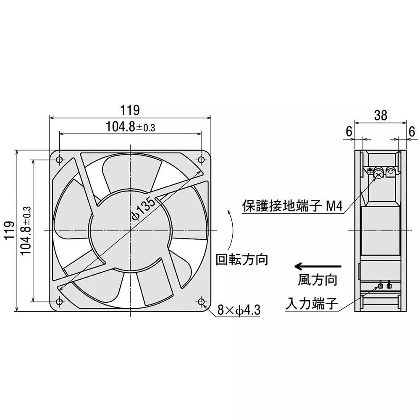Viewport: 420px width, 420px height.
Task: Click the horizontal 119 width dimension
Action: point(131,110)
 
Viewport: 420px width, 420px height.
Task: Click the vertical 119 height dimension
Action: point(9,231)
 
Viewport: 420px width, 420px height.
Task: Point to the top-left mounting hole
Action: point(59,160)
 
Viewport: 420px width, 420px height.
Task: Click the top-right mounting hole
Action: point(201,160)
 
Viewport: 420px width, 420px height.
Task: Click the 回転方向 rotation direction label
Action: point(241,259)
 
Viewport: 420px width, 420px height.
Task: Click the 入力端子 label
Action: point(311,303)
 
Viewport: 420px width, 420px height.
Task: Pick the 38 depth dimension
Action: point(381,115)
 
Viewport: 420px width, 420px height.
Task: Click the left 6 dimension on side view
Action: point(349,131)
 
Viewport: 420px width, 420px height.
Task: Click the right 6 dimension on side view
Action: point(412,131)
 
